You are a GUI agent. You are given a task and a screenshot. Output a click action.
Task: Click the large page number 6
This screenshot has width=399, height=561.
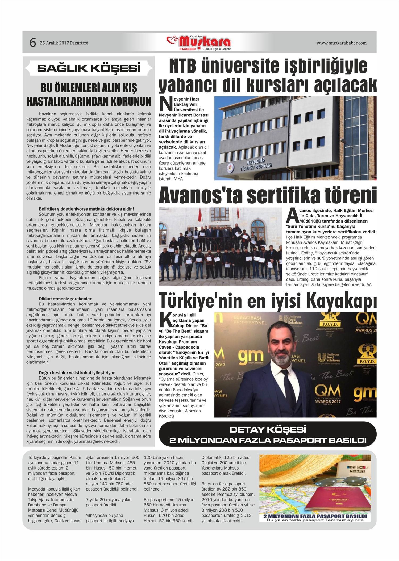32,43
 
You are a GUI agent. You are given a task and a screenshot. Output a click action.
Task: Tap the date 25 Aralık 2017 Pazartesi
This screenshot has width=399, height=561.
64,43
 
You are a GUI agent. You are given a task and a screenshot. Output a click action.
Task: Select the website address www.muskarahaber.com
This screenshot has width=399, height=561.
341,43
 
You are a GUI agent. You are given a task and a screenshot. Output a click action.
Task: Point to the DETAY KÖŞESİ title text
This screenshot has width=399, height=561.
268,429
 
